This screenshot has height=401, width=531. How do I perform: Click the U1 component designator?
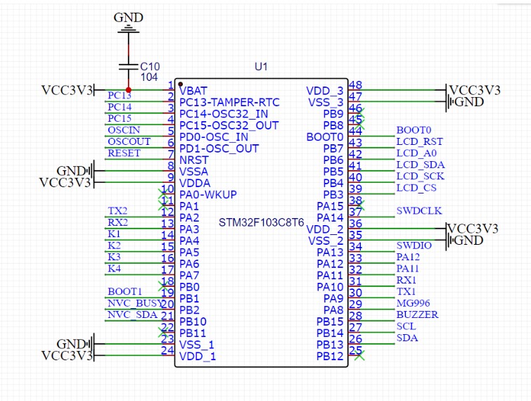tap(261, 67)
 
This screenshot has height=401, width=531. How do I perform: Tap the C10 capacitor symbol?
tap(129, 66)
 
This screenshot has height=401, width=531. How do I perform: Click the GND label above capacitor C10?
tap(129, 18)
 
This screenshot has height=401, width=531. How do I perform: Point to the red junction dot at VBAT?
tap(129, 90)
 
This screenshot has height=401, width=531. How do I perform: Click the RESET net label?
tap(124, 153)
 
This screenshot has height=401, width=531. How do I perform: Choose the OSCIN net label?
tap(124, 129)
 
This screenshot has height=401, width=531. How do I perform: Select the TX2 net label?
tap(117, 211)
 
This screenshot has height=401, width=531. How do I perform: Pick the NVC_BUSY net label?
tap(134, 303)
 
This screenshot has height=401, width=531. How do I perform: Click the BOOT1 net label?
tap(125, 291)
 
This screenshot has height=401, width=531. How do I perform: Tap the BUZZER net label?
tap(417, 314)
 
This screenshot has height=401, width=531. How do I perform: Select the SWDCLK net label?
tap(418, 211)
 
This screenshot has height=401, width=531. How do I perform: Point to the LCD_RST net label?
tap(419, 141)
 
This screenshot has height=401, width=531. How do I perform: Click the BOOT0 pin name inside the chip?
tap(325, 137)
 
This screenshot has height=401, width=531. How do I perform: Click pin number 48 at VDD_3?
tap(355, 84)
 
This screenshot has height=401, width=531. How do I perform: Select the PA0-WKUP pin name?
tap(208, 194)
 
